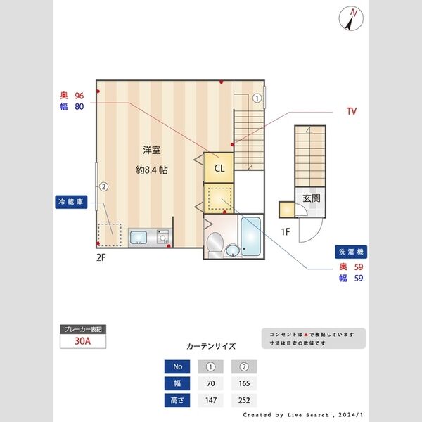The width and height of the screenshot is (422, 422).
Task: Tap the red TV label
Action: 351,111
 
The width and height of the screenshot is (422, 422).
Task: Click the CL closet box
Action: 219,168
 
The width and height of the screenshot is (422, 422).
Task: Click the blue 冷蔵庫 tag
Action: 70,201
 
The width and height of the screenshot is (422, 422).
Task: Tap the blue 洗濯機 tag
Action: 352,251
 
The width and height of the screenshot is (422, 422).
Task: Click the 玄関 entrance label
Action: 312,198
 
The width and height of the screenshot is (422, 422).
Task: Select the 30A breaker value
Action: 84,342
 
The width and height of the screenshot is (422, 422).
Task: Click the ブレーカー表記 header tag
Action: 84,329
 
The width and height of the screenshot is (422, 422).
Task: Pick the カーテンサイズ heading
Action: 211,346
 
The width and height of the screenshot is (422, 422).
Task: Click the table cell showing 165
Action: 244,384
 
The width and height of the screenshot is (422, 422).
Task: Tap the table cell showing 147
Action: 210,401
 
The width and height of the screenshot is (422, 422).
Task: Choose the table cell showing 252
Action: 244,401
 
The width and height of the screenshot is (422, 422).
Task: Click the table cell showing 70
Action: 210,384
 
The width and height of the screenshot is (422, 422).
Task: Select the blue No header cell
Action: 177,366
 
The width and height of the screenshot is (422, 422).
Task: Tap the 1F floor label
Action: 286,231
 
